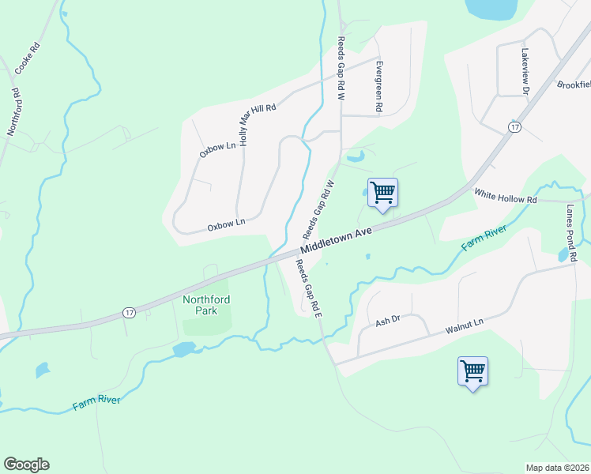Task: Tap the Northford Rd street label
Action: pyautogui.click(x=13, y=111)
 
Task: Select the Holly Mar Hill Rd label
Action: pyautogui.click(x=258, y=119)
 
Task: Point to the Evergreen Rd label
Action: pyautogui.click(x=379, y=85)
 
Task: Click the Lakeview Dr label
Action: pyautogui.click(x=524, y=73)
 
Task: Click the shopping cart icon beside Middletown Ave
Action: pyautogui.click(x=383, y=191)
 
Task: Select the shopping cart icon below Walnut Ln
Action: pyautogui.click(x=472, y=369)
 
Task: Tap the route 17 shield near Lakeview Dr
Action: pyautogui.click(x=514, y=126)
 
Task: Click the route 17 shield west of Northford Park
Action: pyautogui.click(x=129, y=313)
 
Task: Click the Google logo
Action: pyautogui.click(x=26, y=465)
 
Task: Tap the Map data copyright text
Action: pyautogui.click(x=557, y=468)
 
